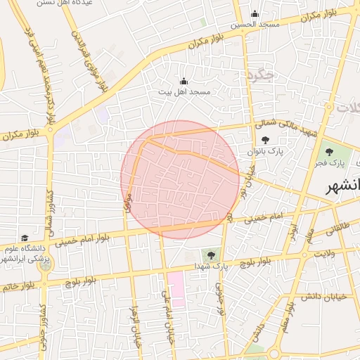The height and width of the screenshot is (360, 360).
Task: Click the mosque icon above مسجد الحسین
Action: tap(255, 13)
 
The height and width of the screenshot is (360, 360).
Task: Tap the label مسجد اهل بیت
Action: tap(184, 92)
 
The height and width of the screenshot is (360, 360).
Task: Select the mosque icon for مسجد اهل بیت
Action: tap(184, 81)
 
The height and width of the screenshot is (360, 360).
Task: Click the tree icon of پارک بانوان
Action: tap(264, 140)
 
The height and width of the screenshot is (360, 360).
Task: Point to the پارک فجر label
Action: tap(328, 163)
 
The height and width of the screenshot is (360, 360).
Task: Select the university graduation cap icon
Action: tap(25, 238)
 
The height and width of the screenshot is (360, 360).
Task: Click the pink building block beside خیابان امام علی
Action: tap(176, 289)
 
